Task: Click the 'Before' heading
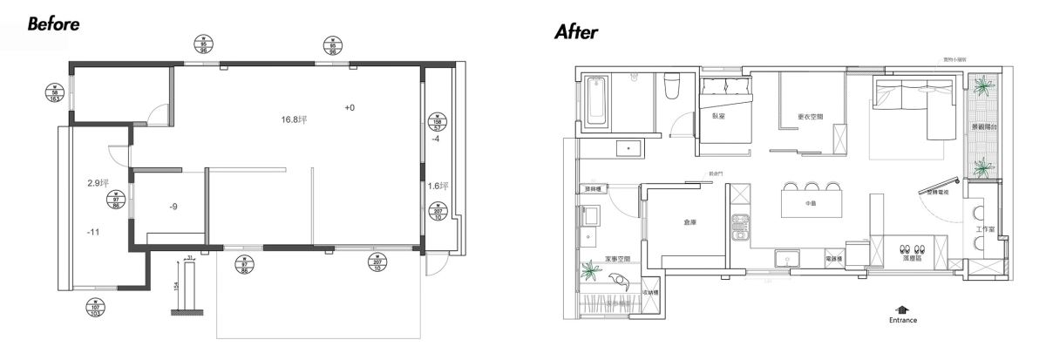pos(54,24)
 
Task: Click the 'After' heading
pos(576,33)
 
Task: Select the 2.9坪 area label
pos(98,183)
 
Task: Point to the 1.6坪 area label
pos(438,186)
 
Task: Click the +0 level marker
pos(350,108)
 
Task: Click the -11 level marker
pos(94,234)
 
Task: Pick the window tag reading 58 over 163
pos(57,93)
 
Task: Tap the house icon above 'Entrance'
pos(902,309)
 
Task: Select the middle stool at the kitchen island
pos(810,187)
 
